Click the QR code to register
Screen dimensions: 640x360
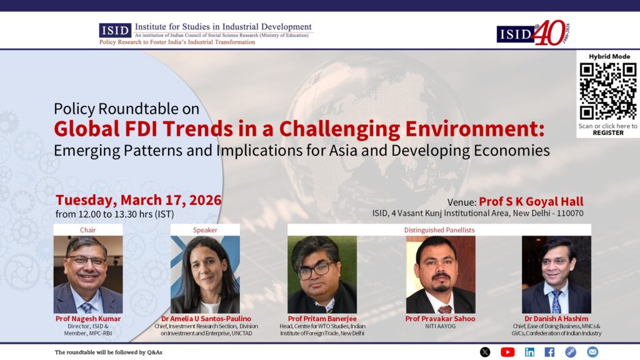coord(607,91)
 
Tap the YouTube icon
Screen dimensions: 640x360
coord(507,352)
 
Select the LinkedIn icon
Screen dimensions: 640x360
coord(529,352)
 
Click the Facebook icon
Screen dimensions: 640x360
coord(549,352)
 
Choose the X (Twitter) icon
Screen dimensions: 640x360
coord(485,352)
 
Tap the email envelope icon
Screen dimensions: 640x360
coord(592,352)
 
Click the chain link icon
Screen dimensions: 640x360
coord(571,352)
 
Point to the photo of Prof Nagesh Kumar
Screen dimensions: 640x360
coord(88,274)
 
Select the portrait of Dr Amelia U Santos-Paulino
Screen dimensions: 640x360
coord(205,274)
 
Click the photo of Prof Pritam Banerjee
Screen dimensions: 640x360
coord(322,274)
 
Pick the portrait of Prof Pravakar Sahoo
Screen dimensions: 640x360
coord(441,274)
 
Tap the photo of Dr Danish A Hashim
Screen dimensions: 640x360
coord(556,274)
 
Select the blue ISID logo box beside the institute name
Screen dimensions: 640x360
coord(115,30)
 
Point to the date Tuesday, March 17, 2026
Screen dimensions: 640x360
coord(138,200)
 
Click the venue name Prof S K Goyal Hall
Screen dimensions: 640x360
coord(531,201)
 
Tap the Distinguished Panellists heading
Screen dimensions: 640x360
coord(439,230)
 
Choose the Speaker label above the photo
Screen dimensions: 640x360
coord(205,230)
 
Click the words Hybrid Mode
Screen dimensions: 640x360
coord(609,56)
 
